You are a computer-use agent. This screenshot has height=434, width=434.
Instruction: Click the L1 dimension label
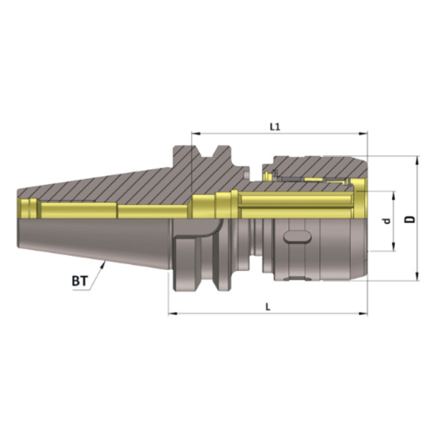(275, 126)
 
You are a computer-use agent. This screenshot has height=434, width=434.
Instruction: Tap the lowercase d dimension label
(386, 221)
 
